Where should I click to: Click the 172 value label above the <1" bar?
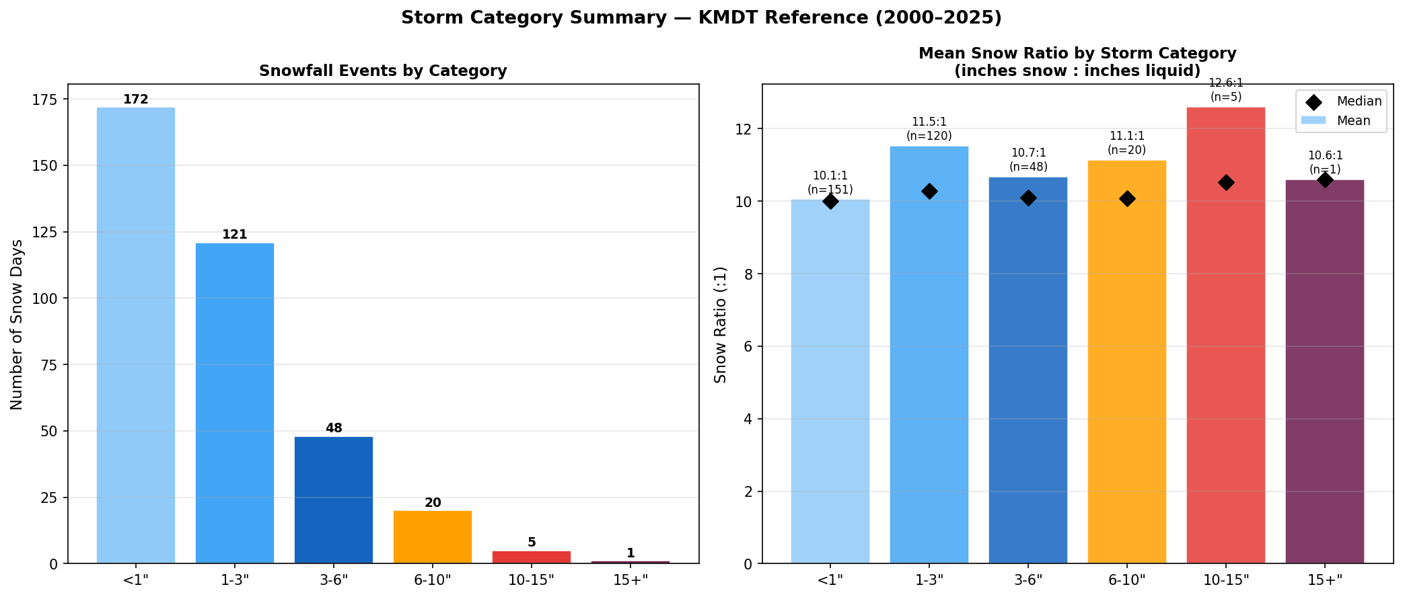point(136,99)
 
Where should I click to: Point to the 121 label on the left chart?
point(235,235)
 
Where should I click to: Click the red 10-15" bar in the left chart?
point(532,557)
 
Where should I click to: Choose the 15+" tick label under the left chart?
point(631,580)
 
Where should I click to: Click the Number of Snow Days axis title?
point(17,324)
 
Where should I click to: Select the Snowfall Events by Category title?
point(383,71)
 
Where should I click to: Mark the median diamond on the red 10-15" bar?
point(1226,182)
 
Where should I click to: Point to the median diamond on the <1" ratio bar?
point(830,201)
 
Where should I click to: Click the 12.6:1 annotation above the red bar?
point(1226,83)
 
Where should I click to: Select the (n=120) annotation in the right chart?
point(929,136)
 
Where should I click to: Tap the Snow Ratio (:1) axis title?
point(721,324)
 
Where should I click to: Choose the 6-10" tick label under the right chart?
point(1127,580)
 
